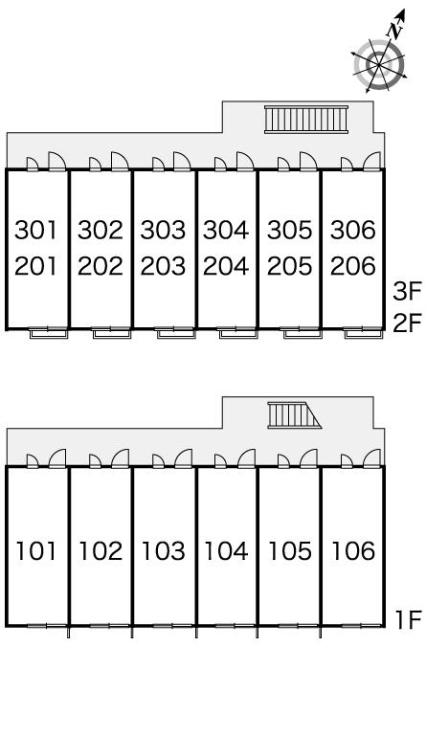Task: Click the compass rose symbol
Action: coord(378,64)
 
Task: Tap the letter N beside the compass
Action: coord(395,31)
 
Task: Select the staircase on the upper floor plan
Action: coord(306,119)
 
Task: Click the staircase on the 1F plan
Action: coord(294,414)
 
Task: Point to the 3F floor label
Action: coord(408,292)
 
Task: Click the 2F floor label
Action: coord(408,323)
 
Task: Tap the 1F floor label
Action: coord(409,620)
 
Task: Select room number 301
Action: coord(35,230)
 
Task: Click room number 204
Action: coord(226,266)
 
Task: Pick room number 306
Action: coord(353,230)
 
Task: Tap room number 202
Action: coord(101,266)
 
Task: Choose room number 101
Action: coord(36,551)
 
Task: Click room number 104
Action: coord(226,551)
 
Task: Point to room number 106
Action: coord(353,551)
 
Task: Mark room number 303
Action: coord(163,230)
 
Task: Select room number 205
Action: coord(290,266)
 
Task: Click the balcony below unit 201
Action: coord(49,333)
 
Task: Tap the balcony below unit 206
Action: coord(363,333)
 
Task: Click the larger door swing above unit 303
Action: coord(182,161)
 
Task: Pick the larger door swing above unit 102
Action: coord(120,458)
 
